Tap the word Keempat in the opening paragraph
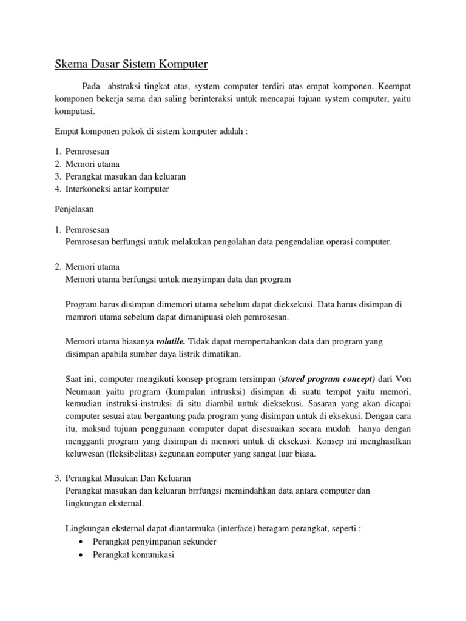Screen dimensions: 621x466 (396, 86)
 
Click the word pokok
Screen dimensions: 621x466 (141, 132)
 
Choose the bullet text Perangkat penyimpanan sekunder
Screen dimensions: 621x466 (155, 541)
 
